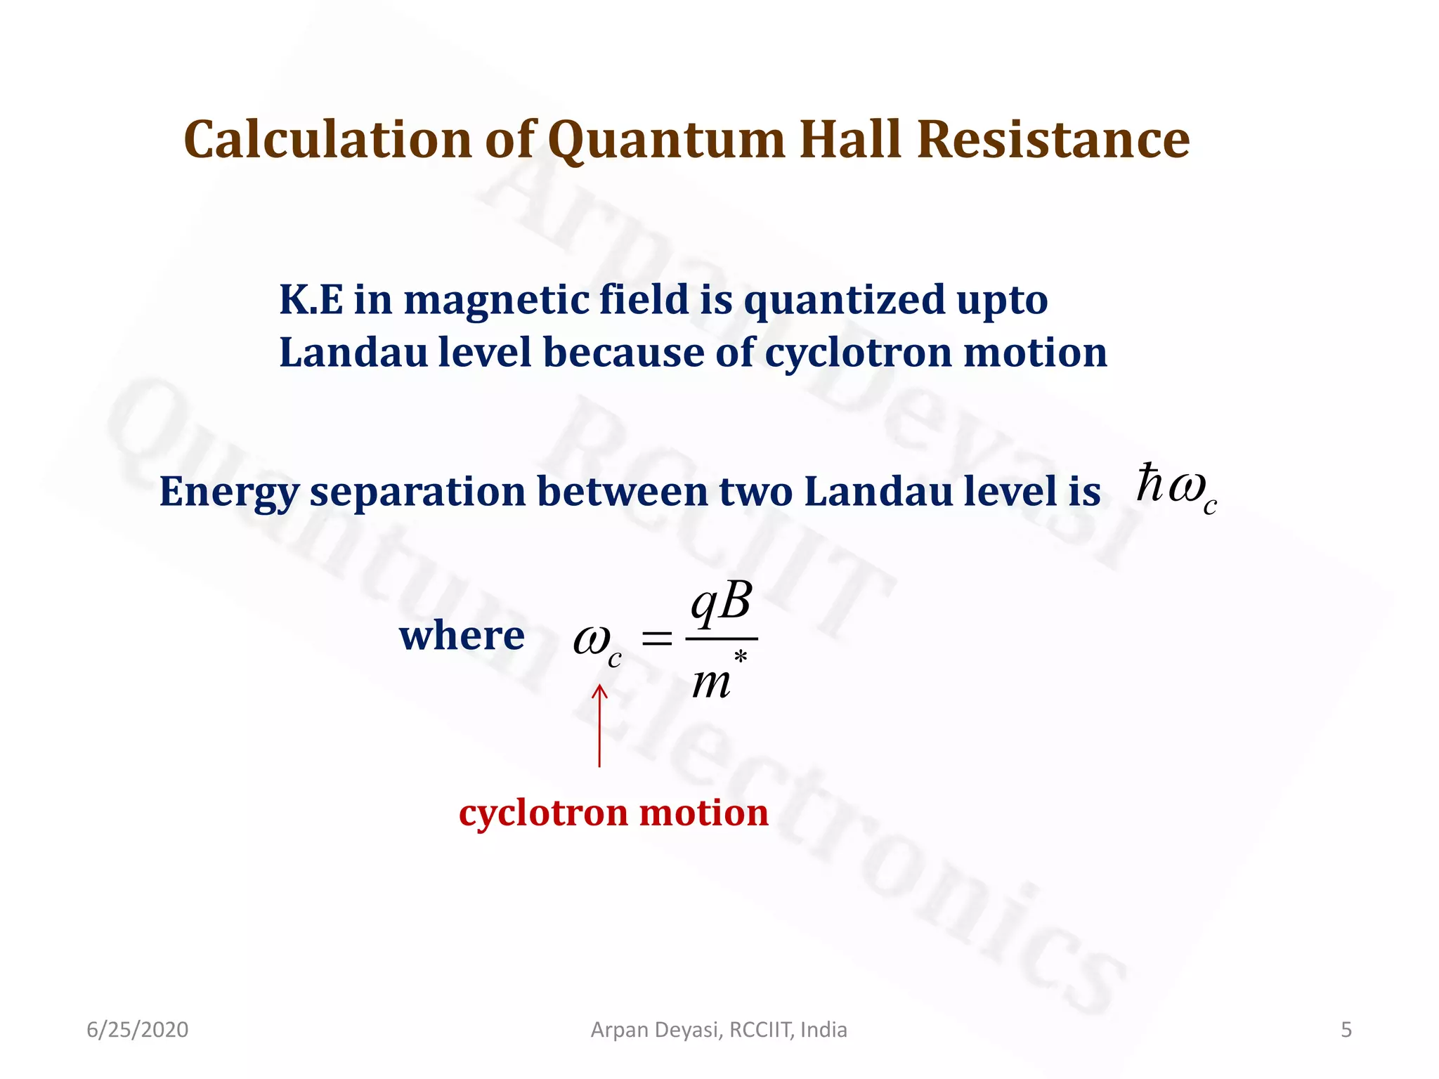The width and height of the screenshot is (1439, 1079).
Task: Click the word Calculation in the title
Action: (327, 139)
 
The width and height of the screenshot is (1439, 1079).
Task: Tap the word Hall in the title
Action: (850, 139)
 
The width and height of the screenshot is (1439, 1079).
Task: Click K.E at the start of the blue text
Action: (311, 300)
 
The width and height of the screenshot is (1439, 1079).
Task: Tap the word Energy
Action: (229, 492)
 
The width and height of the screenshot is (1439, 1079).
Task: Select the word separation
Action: (417, 492)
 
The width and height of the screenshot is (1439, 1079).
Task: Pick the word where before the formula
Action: (462, 636)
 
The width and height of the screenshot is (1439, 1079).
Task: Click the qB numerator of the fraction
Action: (721, 603)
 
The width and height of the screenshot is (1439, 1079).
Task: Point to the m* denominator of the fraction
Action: (717, 679)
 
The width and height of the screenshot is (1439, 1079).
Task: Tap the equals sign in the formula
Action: (657, 639)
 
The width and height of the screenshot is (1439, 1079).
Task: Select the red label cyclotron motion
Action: (613, 813)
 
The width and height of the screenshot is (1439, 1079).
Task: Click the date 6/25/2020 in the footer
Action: (138, 1030)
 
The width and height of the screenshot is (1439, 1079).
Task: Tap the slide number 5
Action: (1346, 1030)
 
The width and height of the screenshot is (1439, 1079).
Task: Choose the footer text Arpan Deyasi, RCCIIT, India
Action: (719, 1030)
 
